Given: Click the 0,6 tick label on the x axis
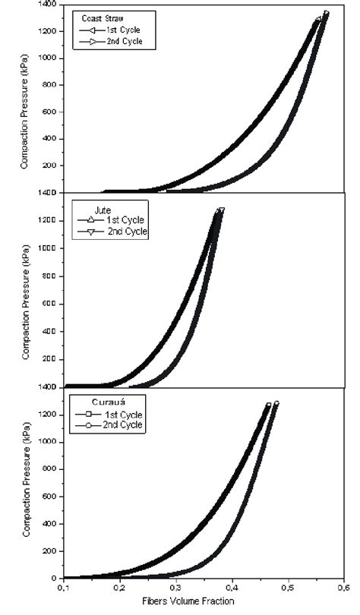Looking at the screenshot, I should pyautogui.click(x=343, y=588).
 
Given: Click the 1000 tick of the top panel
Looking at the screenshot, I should pyautogui.click(x=50, y=58).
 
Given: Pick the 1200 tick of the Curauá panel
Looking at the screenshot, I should pyautogui.click(x=50, y=415).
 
